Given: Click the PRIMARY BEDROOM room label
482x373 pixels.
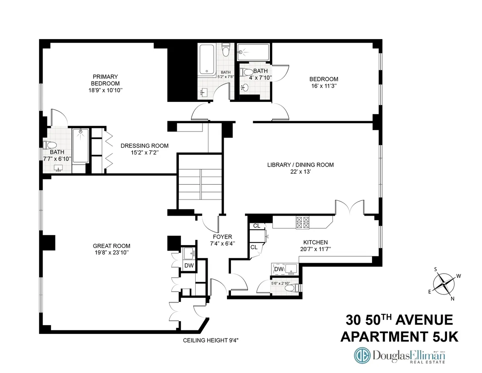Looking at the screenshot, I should [x=105, y=80].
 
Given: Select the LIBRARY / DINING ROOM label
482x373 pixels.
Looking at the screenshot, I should [x=300, y=165].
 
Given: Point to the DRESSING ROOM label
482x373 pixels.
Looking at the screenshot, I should [x=145, y=146].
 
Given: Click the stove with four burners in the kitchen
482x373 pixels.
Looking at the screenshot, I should [x=302, y=223].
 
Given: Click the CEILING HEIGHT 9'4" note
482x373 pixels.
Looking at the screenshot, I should [x=211, y=340].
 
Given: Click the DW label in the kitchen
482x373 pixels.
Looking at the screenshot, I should [x=278, y=269].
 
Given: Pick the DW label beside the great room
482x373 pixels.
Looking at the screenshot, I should [x=188, y=266].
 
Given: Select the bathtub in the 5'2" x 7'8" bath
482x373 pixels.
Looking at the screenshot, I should [x=207, y=60].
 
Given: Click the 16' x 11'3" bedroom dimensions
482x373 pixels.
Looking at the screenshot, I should [x=323, y=86].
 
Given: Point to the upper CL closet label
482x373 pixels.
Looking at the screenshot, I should [x=256, y=226].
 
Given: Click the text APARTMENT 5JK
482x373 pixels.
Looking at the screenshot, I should [x=399, y=336].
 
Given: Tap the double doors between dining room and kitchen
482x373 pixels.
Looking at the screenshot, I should [x=350, y=207].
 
